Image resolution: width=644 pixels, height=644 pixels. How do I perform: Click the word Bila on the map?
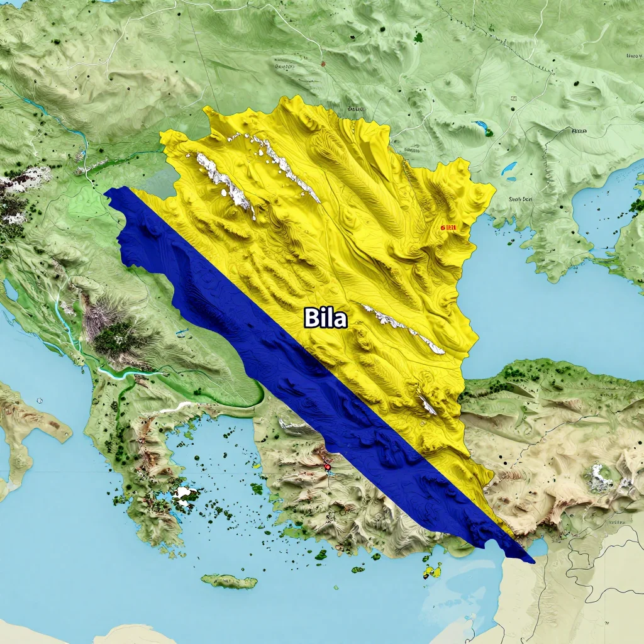(325, 318)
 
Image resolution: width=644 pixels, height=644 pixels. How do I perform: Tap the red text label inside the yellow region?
(448, 228)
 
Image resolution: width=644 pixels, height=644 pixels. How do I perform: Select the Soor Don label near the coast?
(519, 199)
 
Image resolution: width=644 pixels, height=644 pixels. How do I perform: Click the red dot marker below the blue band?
(327, 467)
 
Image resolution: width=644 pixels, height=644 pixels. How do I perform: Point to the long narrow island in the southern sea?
(229, 581)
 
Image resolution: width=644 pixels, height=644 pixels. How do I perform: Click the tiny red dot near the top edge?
(323, 64)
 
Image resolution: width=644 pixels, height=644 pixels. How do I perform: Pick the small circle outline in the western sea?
(40, 400)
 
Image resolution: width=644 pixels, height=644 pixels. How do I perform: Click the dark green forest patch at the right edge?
(636, 205)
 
